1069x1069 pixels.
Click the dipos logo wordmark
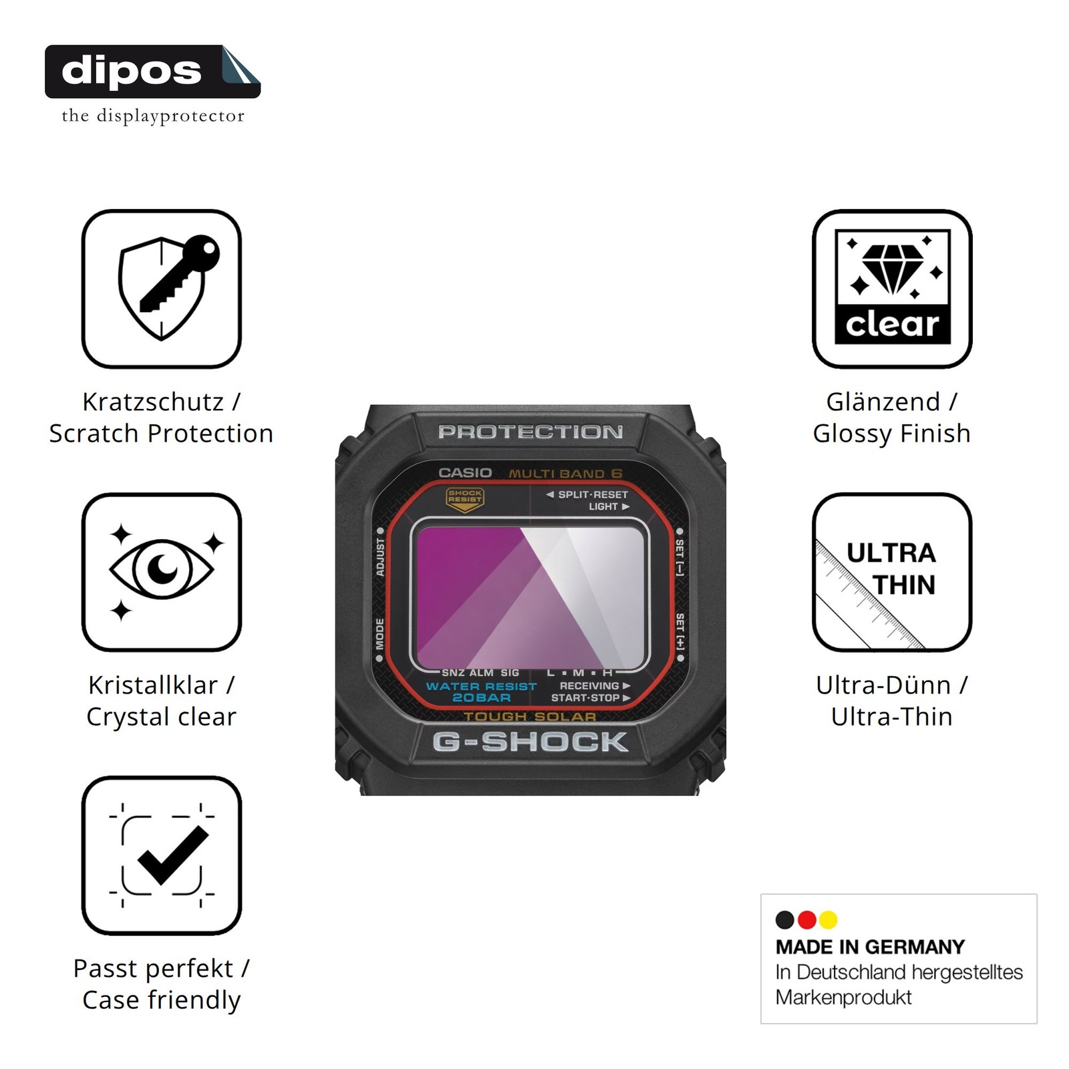click(x=132, y=71)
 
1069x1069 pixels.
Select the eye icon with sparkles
click(x=162, y=572)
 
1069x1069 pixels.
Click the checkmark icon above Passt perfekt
click(x=162, y=855)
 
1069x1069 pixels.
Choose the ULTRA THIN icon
click(x=892, y=572)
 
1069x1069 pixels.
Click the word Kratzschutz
click(x=153, y=402)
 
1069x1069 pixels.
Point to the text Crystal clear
click(x=162, y=717)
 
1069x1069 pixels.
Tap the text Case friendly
click(x=162, y=1000)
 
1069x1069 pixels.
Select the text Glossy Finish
click(x=892, y=434)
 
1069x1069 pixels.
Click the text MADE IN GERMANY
click(x=871, y=947)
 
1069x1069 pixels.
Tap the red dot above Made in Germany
click(x=807, y=920)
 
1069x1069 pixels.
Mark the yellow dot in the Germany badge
click(x=828, y=920)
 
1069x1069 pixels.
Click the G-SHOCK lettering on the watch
click(x=530, y=742)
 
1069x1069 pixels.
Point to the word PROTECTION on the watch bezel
click(x=530, y=432)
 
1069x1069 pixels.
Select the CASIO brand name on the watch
click(x=465, y=472)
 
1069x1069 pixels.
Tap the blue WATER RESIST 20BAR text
click(x=481, y=692)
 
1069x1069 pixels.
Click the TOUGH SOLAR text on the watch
click(x=530, y=716)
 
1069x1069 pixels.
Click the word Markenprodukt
click(x=843, y=998)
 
